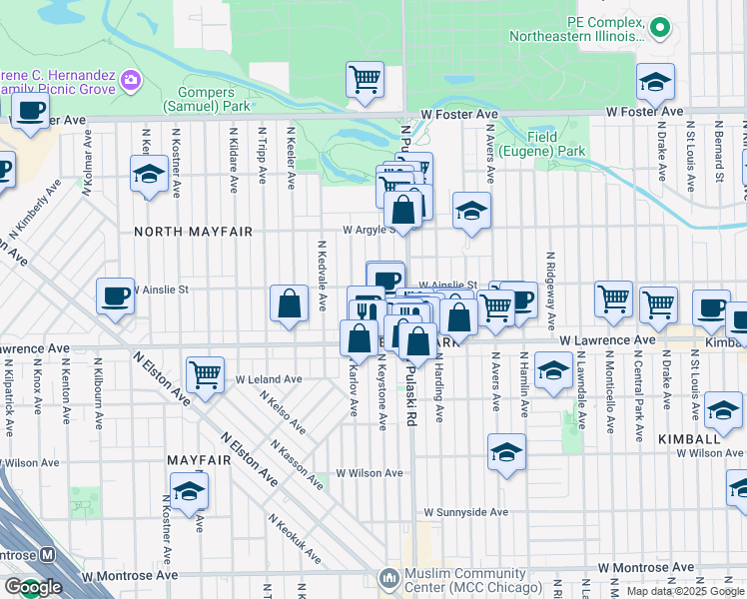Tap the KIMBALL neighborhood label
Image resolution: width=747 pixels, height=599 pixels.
click(x=689, y=439)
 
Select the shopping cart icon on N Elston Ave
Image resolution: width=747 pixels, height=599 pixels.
click(x=205, y=375)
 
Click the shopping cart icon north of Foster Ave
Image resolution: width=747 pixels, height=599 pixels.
click(x=365, y=78)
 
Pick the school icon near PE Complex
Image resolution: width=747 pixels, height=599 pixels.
click(x=655, y=82)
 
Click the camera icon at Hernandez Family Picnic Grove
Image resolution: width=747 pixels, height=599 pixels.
click(x=130, y=79)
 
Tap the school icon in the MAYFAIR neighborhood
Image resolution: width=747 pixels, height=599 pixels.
click(x=189, y=491)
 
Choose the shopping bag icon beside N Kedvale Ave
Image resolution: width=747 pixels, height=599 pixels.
click(x=289, y=303)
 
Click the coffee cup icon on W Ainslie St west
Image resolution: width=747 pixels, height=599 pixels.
click(x=115, y=296)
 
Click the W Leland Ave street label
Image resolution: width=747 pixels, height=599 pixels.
click(x=269, y=379)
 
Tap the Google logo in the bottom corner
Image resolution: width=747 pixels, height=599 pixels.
click(x=33, y=588)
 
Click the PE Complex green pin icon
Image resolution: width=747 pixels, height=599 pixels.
click(x=659, y=27)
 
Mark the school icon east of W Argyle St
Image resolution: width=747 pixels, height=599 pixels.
click(x=472, y=211)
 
